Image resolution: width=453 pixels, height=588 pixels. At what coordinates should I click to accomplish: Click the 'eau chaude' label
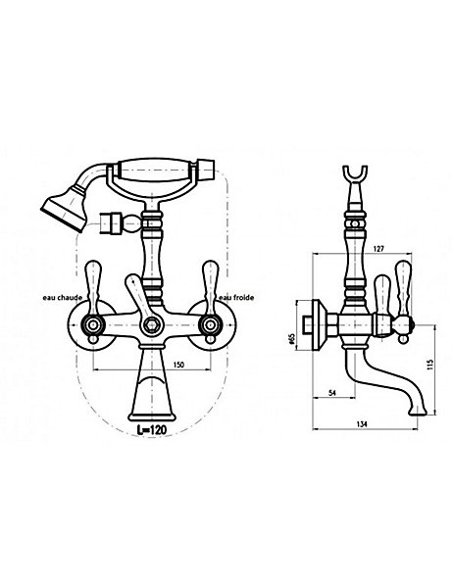tap(63, 297)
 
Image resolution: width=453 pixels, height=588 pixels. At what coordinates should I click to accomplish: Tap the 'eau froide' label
tap(236, 297)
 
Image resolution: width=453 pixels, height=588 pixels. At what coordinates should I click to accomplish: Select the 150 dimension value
tap(179, 365)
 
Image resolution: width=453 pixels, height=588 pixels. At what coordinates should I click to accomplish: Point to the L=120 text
tap(151, 430)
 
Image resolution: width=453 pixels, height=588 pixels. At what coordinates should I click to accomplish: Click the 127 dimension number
tap(379, 248)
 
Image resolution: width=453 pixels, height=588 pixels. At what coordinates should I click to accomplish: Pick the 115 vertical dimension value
tap(430, 365)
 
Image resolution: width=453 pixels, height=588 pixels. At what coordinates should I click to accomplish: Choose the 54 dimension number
tap(331, 393)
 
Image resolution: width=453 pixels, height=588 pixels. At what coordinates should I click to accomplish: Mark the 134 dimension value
tap(362, 424)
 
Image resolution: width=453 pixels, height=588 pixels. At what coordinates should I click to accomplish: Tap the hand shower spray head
tap(63, 208)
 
